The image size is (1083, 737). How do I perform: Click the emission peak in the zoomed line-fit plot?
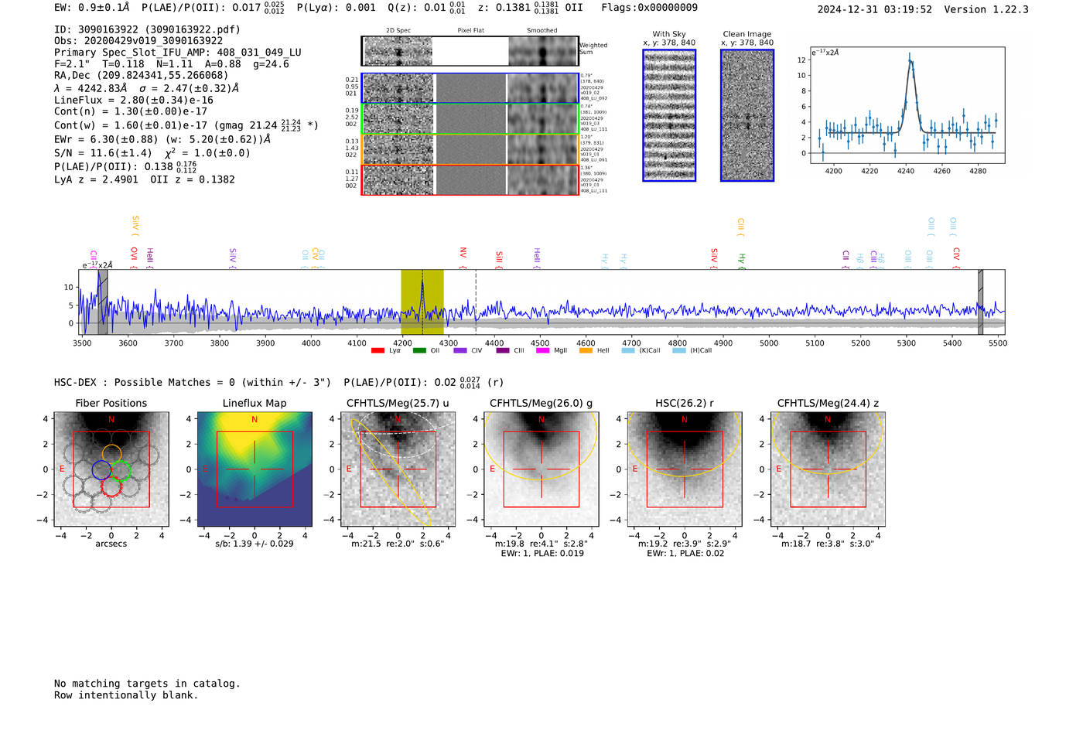[909, 56]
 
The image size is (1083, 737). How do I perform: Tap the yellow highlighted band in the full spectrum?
[422, 302]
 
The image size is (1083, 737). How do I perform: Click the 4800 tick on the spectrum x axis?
[677, 343]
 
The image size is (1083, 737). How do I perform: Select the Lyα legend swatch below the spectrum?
[378, 350]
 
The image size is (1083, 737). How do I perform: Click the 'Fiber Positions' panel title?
[111, 403]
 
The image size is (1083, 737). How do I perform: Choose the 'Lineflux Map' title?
[254, 403]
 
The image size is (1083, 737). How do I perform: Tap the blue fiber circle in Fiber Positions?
[101, 469]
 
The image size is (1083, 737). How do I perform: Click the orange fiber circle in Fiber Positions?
[111, 453]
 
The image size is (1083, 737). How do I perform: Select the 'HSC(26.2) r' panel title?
[684, 403]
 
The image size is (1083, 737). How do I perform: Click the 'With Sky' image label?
[668, 34]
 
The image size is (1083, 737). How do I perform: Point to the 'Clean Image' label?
[746, 34]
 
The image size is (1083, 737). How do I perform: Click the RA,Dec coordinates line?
[141, 75]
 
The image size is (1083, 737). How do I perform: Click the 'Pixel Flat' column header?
[470, 30]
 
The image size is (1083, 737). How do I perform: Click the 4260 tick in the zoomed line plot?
[941, 171]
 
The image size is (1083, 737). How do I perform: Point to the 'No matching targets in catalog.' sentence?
[147, 683]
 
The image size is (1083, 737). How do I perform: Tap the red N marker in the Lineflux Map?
[255, 419]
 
